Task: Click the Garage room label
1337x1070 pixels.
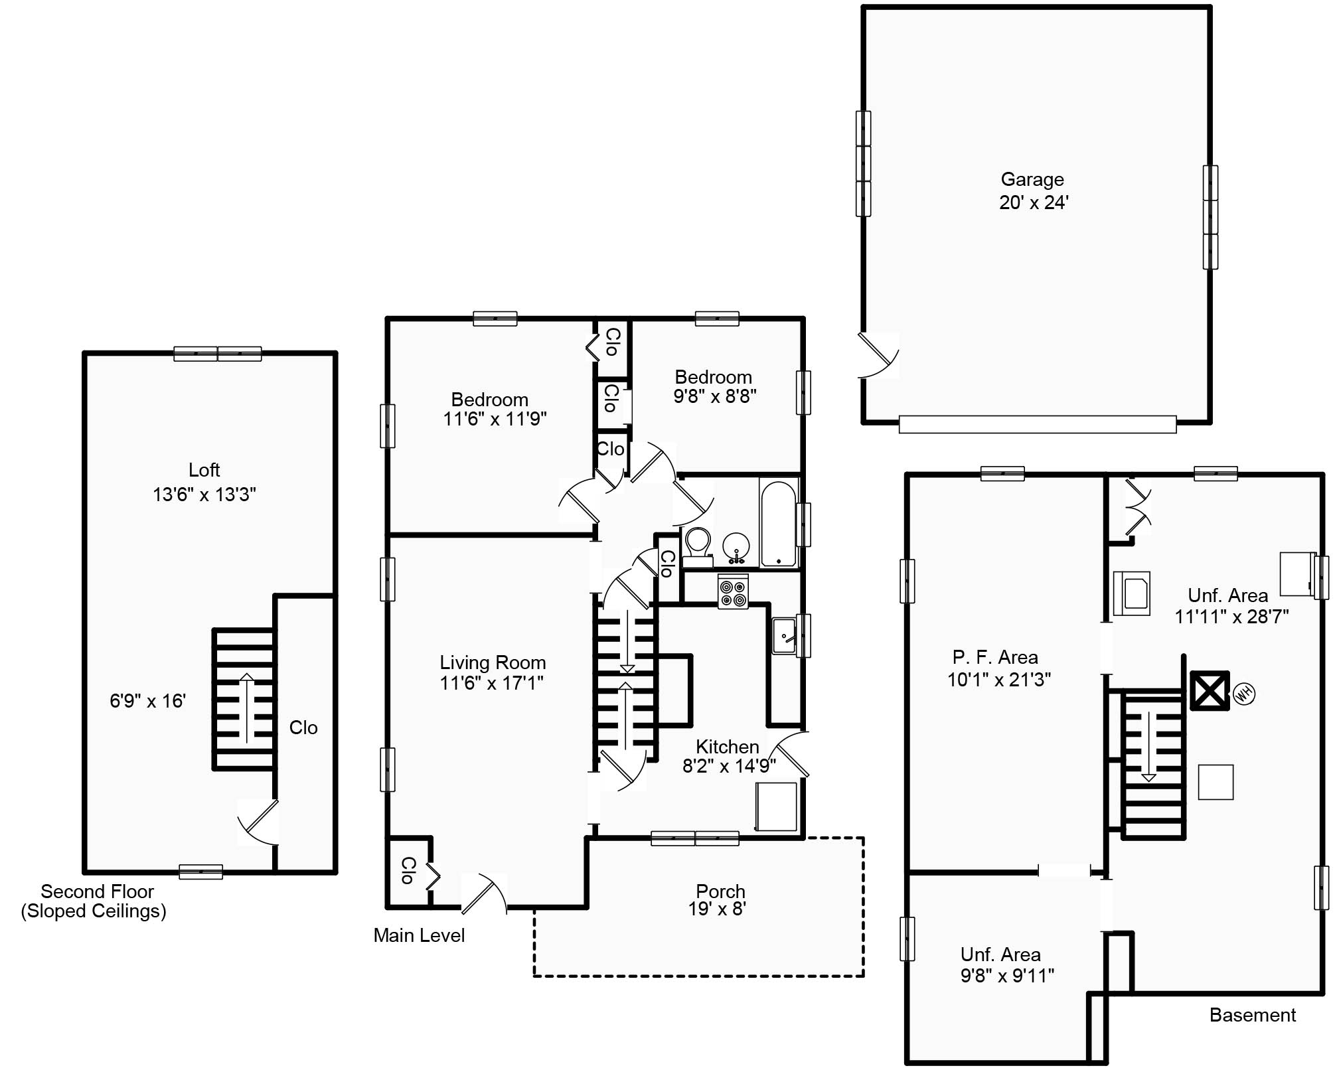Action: [1032, 179]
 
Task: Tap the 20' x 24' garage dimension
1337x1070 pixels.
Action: [1033, 202]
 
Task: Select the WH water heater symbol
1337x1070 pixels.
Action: [1243, 694]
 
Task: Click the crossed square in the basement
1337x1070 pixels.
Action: [1209, 691]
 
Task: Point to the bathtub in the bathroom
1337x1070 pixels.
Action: [778, 524]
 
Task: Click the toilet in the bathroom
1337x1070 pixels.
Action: [697, 547]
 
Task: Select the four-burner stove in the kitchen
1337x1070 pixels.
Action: [733, 591]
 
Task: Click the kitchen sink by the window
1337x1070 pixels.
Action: [785, 636]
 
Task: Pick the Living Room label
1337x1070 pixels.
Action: [493, 662]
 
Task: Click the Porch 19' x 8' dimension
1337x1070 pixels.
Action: [717, 909]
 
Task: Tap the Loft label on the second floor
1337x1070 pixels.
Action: [204, 470]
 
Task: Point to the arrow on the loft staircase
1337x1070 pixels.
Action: [246, 707]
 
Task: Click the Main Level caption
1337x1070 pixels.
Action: [419, 935]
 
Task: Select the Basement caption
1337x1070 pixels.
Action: [1252, 1015]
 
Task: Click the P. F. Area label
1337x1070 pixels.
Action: [994, 657]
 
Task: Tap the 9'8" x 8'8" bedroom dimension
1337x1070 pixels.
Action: [714, 396]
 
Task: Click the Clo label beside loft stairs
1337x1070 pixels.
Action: [303, 727]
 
